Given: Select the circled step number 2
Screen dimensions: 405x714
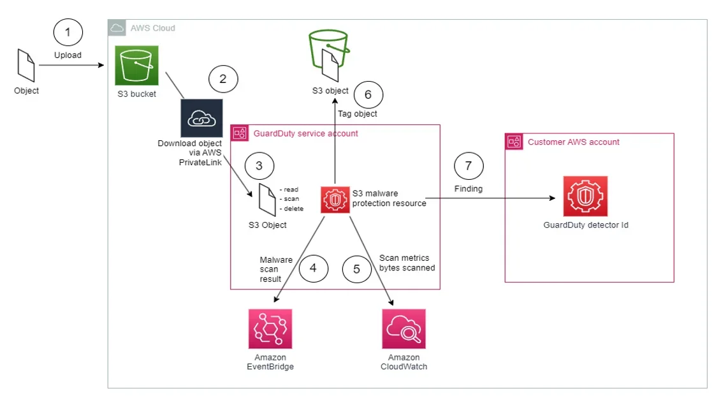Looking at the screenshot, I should (222, 79).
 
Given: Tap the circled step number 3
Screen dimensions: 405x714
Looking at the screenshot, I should (259, 166).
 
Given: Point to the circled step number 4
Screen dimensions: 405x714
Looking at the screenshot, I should (312, 269).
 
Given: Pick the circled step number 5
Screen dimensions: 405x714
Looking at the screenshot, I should (356, 269).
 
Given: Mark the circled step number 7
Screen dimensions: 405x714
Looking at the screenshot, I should (469, 166).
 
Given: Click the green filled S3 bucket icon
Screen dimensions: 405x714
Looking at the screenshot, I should (136, 65).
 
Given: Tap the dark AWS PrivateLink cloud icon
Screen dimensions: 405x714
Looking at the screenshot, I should (201, 119).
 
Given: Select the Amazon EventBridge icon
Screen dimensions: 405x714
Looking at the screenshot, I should (270, 329).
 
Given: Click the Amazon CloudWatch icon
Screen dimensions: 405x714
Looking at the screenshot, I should (404, 329).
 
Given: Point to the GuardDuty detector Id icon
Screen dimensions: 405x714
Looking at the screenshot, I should (585, 196).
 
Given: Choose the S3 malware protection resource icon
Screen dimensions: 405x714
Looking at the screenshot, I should (334, 199).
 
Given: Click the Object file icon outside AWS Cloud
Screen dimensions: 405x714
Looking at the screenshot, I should (26, 67).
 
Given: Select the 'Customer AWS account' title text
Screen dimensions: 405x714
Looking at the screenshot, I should (573, 142).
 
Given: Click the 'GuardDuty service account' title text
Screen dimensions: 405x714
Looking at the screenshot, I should (305, 133).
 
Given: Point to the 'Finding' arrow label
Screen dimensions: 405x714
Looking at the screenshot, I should (469, 189).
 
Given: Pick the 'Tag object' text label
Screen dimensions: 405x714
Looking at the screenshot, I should (357, 114).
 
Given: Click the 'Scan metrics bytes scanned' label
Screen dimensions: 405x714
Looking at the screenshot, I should (407, 263).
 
